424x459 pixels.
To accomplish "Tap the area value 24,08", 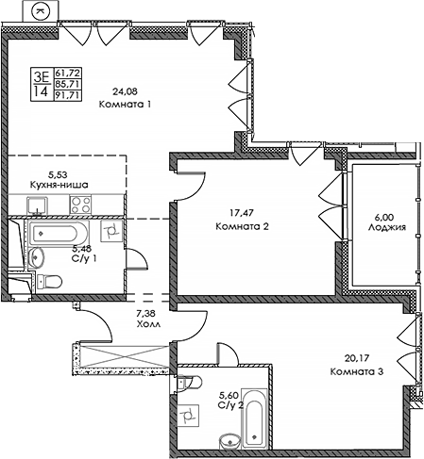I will [x=124, y=92].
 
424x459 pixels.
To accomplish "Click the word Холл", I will [x=145, y=323].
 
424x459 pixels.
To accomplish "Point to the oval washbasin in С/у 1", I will [x=36, y=258].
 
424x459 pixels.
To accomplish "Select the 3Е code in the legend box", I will [x=42, y=75].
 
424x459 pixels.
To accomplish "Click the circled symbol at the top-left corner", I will [x=41, y=10].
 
